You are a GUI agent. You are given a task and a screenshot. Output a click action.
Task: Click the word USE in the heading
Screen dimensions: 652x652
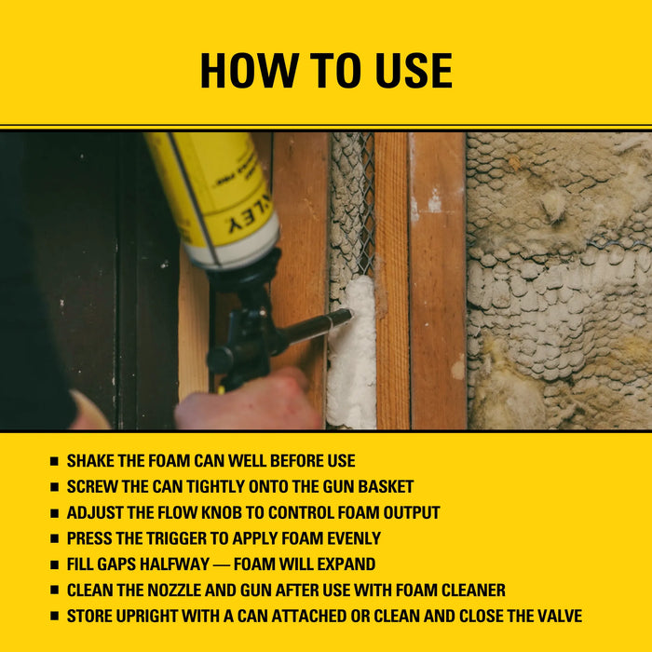click(x=409, y=71)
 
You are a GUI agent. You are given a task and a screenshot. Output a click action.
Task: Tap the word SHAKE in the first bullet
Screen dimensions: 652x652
click(x=93, y=461)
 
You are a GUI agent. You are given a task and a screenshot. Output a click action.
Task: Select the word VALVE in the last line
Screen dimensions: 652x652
click(x=556, y=616)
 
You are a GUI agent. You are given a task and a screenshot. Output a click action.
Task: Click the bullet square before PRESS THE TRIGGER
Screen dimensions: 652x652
click(x=54, y=539)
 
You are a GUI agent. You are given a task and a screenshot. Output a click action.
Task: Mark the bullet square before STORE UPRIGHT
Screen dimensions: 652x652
click(x=54, y=617)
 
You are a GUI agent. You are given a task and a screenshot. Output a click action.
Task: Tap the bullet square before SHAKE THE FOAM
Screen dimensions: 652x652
click(x=54, y=462)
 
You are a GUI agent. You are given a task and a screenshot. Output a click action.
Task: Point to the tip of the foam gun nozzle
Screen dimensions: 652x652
click(x=347, y=315)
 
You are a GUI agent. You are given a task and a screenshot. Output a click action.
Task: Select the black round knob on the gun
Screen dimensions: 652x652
click(x=220, y=359)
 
